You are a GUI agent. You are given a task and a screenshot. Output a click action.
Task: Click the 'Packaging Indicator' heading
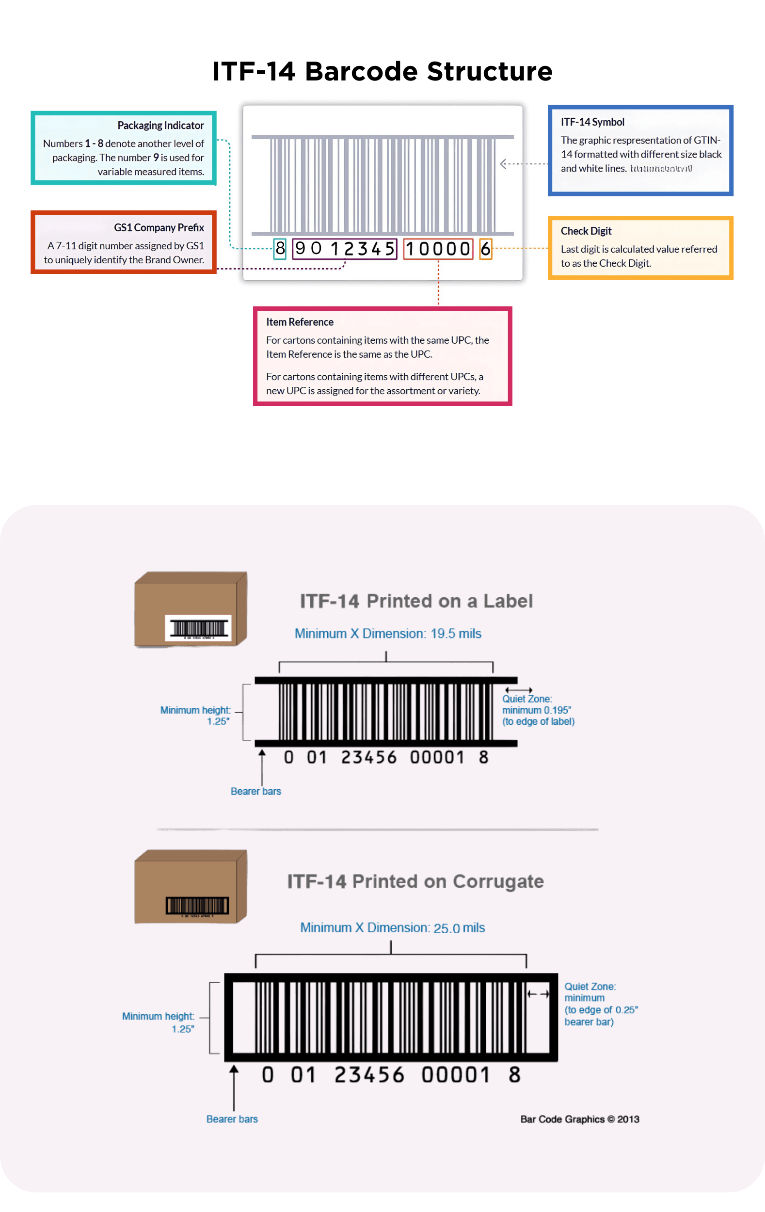[x=160, y=126]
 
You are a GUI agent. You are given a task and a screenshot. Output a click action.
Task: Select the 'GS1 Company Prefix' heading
[x=159, y=227]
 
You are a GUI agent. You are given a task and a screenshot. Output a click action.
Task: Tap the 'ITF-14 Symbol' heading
[x=592, y=122]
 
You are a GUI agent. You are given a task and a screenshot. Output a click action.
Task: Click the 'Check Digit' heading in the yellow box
[x=586, y=231]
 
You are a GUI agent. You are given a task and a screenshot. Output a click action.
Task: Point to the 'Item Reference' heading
[x=300, y=322]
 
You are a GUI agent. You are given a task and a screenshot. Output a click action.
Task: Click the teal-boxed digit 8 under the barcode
[x=280, y=249]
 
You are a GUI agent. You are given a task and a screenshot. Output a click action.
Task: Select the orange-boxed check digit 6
[x=485, y=249]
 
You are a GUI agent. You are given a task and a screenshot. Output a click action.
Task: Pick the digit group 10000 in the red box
[x=438, y=249]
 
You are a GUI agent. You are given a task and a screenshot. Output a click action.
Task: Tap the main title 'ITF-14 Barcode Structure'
[x=382, y=71]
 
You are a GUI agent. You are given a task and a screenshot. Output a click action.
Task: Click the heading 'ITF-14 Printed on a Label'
[x=416, y=601]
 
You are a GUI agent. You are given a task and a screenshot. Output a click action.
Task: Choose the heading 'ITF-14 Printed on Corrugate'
[x=415, y=881]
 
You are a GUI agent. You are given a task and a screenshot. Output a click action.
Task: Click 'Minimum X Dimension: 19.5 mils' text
[x=387, y=634]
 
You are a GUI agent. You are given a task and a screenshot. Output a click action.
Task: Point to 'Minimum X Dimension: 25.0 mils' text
[x=392, y=927]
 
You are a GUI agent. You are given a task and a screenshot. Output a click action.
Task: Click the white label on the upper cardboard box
[x=198, y=628]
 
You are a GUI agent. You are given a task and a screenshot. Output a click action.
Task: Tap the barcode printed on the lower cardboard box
[x=197, y=906]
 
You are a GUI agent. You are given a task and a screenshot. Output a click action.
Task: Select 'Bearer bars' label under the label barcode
[x=255, y=791]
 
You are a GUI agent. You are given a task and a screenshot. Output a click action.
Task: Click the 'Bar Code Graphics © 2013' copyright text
[x=579, y=1119]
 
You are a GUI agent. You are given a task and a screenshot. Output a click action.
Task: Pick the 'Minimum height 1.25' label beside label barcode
[x=195, y=715]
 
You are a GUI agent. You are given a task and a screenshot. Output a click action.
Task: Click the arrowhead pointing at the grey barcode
[x=503, y=163]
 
